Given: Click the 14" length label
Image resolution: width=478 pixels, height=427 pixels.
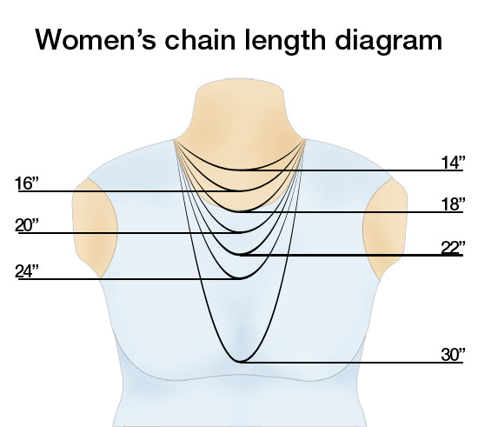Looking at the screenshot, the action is point(453,163).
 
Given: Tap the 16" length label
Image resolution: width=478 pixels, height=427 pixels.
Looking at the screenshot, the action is point(27,183).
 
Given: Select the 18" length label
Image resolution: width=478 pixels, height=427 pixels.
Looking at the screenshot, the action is point(453,204).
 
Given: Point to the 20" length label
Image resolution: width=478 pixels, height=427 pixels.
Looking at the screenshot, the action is point(27,225).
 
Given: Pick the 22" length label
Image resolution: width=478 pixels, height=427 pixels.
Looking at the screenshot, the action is point(453,247).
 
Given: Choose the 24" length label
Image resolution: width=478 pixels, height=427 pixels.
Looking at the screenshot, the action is point(27,271).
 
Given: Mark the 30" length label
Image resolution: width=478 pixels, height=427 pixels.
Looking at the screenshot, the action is point(453,355).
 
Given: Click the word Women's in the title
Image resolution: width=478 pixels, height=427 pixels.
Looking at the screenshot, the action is point(96,39).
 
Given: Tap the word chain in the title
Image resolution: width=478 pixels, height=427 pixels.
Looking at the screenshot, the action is point(200,39).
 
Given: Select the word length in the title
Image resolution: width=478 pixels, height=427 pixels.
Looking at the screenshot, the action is point(285,42).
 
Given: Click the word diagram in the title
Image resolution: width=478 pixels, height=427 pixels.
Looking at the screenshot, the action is point(388,42).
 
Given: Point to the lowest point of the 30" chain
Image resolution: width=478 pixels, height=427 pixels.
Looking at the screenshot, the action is point(240,362).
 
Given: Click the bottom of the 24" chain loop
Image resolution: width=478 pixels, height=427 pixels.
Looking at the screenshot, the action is point(240,278).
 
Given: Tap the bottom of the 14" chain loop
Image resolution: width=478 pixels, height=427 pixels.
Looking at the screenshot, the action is point(241,170).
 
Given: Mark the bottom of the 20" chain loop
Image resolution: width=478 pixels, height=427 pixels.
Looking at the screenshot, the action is point(241,233).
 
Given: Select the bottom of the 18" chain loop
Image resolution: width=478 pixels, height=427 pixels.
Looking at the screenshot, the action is point(241,211).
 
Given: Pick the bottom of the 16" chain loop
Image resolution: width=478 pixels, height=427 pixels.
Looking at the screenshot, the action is point(241,191).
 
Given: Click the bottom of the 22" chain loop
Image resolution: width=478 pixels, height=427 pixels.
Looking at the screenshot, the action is point(241,254).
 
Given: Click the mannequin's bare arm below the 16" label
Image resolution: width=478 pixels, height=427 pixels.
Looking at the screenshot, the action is point(95,227).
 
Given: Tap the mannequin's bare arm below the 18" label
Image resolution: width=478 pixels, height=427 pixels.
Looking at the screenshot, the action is point(385,227).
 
